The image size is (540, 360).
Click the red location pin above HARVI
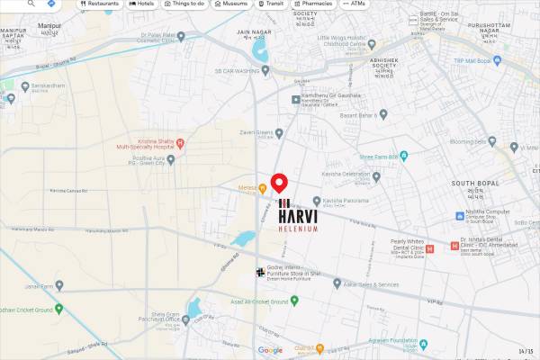(x=279, y=183)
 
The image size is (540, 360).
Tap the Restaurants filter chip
(x=100, y=4)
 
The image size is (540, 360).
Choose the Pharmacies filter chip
(x=311, y=4)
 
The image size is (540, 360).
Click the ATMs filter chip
(x=355, y=4)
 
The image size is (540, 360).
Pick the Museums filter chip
(x=231, y=4)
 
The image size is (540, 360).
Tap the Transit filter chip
(x=271, y=4)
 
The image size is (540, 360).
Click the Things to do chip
(x=184, y=4)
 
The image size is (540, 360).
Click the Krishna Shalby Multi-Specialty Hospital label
(x=144, y=143)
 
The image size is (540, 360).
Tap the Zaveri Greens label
(x=256, y=133)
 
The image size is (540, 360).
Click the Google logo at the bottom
(x=270, y=350)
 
